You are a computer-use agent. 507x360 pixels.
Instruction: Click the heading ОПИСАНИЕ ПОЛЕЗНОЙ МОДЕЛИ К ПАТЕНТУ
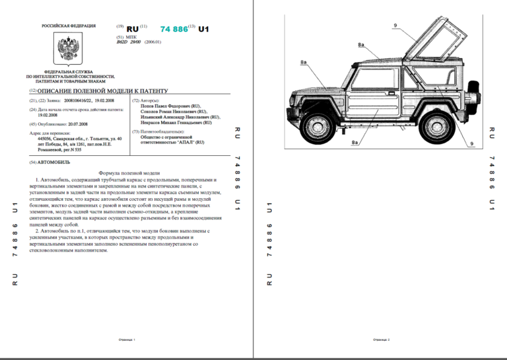(103, 90)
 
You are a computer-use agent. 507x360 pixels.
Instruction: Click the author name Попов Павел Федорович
(168, 106)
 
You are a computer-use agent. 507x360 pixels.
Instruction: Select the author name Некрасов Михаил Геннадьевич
(172, 122)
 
